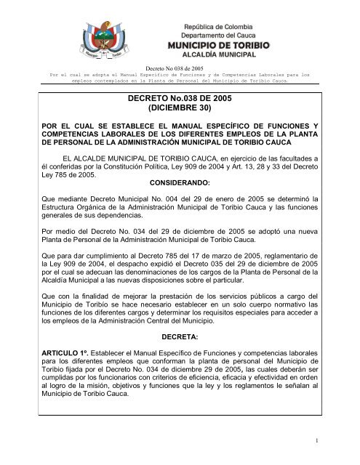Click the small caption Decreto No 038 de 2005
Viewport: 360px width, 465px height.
pyautogui.click(x=180, y=67)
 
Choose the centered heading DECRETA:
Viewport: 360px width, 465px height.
pyautogui.click(x=179, y=339)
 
